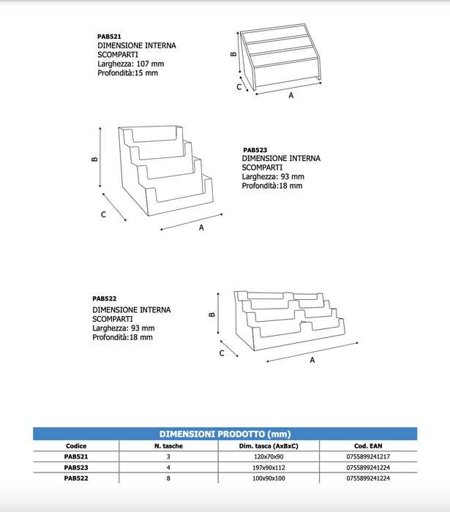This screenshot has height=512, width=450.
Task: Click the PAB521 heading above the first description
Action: [109, 35]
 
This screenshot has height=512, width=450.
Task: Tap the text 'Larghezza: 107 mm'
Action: [129, 64]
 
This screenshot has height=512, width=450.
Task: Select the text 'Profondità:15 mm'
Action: [127, 73]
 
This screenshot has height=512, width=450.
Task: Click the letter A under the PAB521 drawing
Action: [290, 96]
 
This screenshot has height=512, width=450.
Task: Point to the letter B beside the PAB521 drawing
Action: [233, 54]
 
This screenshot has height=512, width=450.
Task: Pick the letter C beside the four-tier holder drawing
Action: [104, 214]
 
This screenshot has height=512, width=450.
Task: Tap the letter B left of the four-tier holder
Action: [95, 159]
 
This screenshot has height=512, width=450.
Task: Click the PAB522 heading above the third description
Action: [105, 298]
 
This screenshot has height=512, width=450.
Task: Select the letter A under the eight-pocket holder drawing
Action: [312, 360]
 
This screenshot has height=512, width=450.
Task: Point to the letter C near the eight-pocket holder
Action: [222, 353]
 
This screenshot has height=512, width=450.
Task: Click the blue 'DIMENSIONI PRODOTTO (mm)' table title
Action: [225, 434]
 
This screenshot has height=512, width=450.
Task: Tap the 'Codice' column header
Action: [76, 445]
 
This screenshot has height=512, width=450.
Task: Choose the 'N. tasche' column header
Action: [168, 445]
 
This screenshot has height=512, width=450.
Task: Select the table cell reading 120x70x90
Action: [269, 456]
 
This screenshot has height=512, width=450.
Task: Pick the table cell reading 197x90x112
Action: [269, 467]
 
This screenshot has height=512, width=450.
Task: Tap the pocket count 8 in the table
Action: [168, 478]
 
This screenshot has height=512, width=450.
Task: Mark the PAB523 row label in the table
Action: [76, 467]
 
